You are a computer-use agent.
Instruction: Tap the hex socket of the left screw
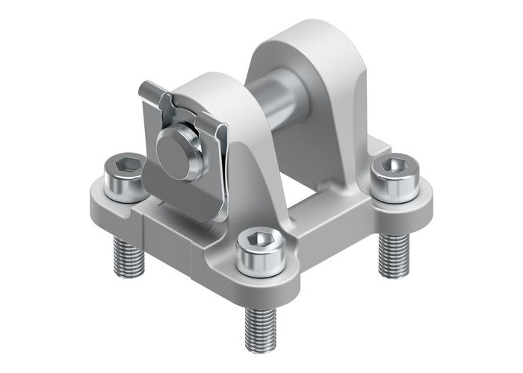click(127, 165)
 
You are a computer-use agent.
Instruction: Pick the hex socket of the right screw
click(392, 165)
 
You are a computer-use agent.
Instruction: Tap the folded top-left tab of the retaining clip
click(153, 93)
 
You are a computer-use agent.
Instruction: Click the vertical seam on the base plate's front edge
click(142, 224)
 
